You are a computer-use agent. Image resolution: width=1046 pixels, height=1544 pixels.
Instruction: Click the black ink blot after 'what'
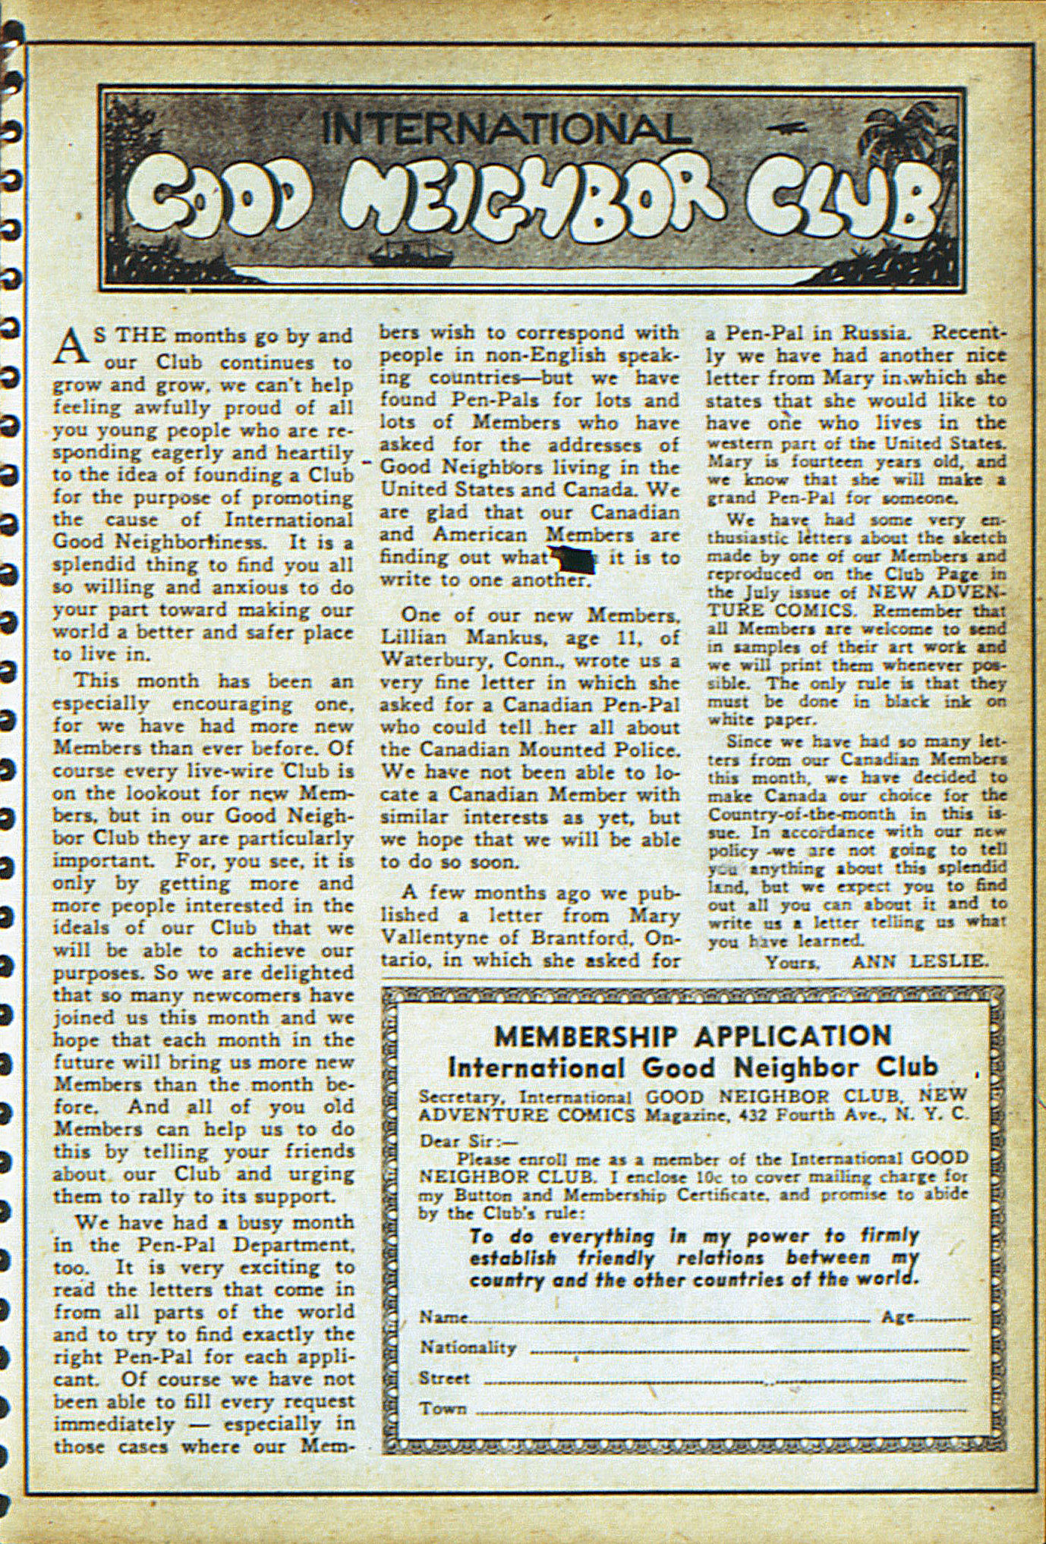577,560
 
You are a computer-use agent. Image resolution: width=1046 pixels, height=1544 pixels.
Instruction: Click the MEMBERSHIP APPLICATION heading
692,1036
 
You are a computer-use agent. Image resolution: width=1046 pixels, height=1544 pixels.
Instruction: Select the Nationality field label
468,1348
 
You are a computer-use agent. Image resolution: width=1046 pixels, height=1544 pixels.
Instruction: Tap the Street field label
445,1378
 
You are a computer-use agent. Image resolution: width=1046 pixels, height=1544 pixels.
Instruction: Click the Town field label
443,1408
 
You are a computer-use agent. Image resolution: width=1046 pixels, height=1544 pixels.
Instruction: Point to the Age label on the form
897,1318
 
